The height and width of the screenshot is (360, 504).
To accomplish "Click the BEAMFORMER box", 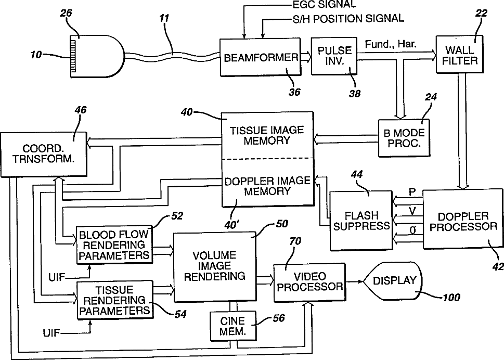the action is coord(261,57).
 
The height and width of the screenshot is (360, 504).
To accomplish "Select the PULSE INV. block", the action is coord(334,56).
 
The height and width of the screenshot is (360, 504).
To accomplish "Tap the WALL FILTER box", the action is coord(459,54).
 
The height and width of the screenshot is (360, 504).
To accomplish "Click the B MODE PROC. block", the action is coord(404,138).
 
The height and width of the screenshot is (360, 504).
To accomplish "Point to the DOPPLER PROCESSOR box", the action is coord(463,220).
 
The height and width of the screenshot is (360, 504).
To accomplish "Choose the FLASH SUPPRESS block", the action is coord(361,221).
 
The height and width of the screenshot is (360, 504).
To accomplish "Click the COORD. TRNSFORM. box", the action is coord(43,154).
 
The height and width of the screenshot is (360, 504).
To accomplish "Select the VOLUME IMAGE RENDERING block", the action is coord(215,266).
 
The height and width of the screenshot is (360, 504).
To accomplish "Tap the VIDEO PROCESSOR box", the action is coord(309,282).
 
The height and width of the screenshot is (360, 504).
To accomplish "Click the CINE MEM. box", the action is coord(233,326).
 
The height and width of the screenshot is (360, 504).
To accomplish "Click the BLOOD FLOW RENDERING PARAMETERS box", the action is coord(114,245).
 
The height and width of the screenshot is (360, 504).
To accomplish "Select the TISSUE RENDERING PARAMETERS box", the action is coord(115,300).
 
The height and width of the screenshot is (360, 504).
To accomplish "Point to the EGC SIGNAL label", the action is coord(325,4).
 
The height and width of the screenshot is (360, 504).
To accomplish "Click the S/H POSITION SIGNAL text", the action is coord(348,19).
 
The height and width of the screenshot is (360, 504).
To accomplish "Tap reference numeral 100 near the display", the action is coord(451,298).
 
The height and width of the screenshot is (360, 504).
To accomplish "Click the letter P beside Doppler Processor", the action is coord(412,192).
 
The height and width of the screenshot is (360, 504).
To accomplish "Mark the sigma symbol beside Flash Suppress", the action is coord(412,230).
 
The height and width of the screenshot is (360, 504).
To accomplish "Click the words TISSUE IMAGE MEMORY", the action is coord(267,135).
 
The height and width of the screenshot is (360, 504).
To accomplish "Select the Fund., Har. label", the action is coord(391,44).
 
